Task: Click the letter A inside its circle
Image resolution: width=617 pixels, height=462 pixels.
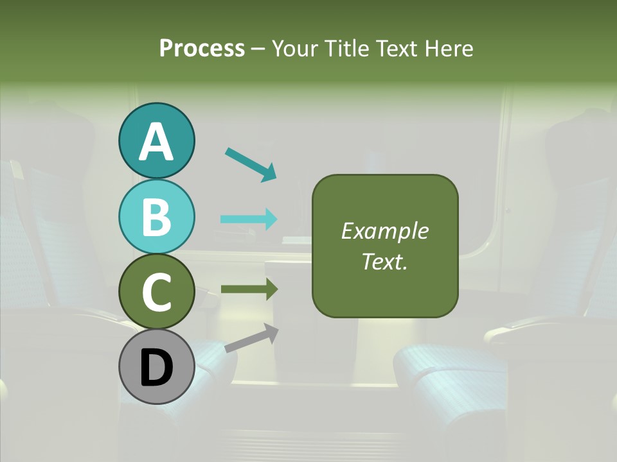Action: (157, 141)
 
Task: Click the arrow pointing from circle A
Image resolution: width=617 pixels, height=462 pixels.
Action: (250, 164)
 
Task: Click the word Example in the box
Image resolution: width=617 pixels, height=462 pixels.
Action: (385, 231)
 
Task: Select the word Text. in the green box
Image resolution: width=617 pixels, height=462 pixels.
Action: (385, 261)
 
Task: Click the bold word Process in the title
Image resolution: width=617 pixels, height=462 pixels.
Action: (202, 48)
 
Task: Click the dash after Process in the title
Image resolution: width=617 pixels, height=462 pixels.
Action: (258, 49)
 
